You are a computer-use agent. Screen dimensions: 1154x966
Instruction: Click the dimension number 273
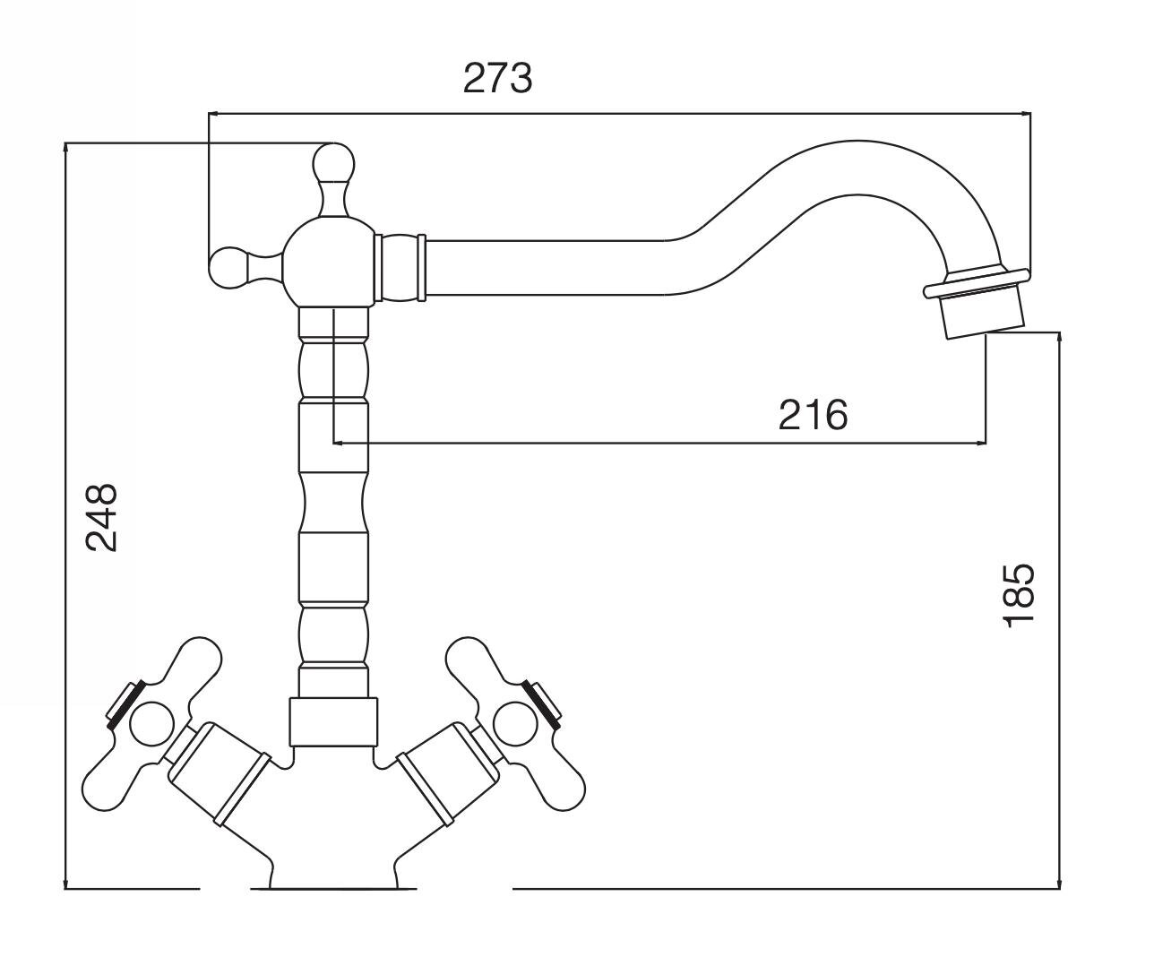(x=497, y=79)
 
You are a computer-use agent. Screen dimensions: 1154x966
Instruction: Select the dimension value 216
(x=813, y=415)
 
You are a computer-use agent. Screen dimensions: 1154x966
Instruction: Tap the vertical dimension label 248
(x=102, y=518)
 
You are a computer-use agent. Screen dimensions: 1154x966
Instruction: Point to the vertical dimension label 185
(x=1018, y=595)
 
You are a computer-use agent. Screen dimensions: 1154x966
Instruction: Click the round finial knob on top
(x=332, y=161)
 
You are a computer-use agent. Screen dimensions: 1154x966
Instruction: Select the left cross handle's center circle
(x=151, y=725)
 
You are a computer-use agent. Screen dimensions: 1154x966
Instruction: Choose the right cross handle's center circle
(x=514, y=725)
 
